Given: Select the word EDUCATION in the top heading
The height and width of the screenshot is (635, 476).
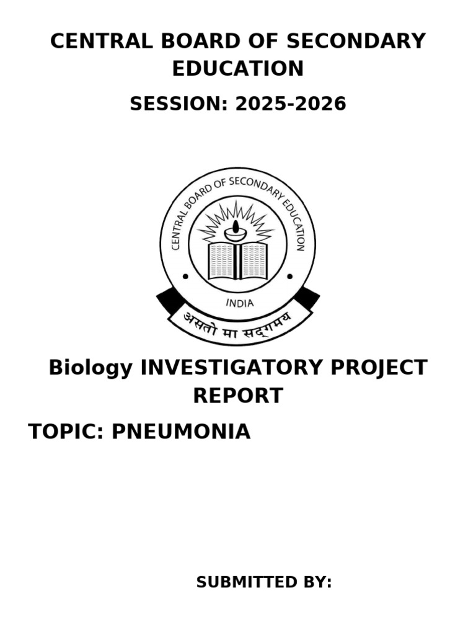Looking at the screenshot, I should click(x=238, y=69).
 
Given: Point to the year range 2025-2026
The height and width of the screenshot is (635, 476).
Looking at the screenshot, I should click(x=291, y=104).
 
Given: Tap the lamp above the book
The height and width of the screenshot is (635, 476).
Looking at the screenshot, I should click(x=236, y=233).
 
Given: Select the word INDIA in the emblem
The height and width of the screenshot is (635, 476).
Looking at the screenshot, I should click(x=239, y=303).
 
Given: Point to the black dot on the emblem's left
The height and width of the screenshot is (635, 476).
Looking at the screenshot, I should click(x=185, y=277).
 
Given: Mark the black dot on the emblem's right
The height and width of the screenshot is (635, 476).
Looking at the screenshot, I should click(x=290, y=277).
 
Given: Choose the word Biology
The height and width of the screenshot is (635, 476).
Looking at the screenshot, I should click(x=90, y=368).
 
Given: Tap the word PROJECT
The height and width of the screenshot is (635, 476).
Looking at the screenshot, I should click(x=388, y=368).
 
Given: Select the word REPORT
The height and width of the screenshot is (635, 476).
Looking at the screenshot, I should click(x=238, y=396).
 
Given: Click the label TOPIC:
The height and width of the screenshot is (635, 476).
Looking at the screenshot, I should click(x=66, y=432).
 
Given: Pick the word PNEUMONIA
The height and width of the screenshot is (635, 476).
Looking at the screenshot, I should click(x=181, y=432).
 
